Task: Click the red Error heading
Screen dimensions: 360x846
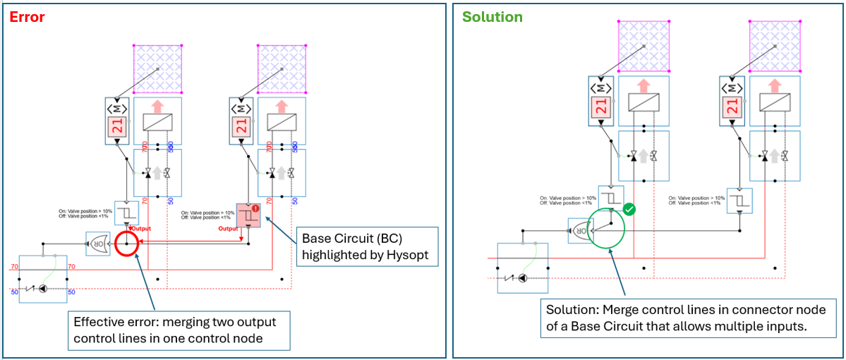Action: click(27, 17)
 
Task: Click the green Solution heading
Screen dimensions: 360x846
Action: click(492, 17)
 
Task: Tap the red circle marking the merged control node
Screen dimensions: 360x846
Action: click(127, 245)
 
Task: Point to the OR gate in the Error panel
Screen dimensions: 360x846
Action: click(97, 244)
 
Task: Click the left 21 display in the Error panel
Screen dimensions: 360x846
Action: click(116, 127)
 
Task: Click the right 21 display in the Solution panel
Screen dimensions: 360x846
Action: click(731, 106)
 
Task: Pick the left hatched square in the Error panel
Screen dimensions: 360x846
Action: click(158, 69)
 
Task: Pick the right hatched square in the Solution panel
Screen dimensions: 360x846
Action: click(775, 46)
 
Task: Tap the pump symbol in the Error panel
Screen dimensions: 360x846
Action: click(43, 289)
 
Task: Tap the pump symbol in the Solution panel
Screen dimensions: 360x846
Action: click(522, 278)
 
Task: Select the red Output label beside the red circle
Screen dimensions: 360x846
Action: click(141, 229)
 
